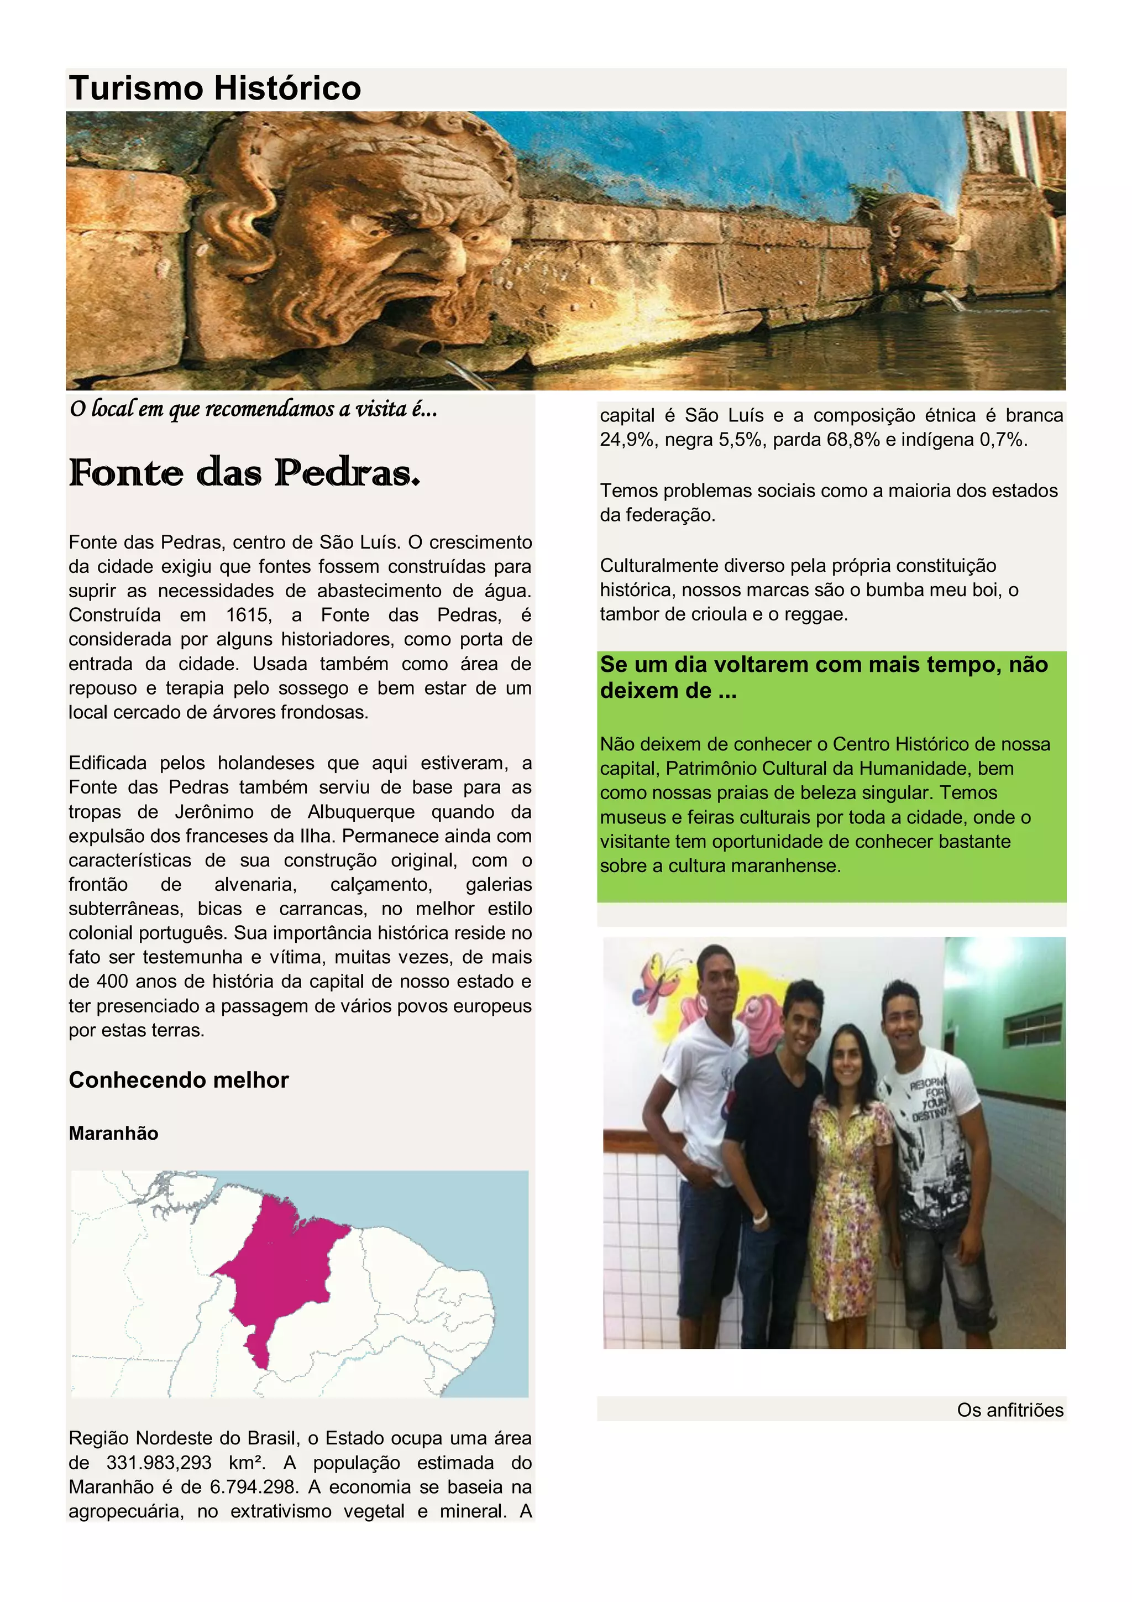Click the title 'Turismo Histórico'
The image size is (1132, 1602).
pyautogui.click(x=215, y=88)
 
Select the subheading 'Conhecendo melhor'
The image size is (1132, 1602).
pyautogui.click(x=179, y=1080)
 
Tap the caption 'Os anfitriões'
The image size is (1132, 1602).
pyautogui.click(x=1009, y=1410)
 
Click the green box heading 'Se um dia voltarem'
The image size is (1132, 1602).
pyautogui.click(x=823, y=677)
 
